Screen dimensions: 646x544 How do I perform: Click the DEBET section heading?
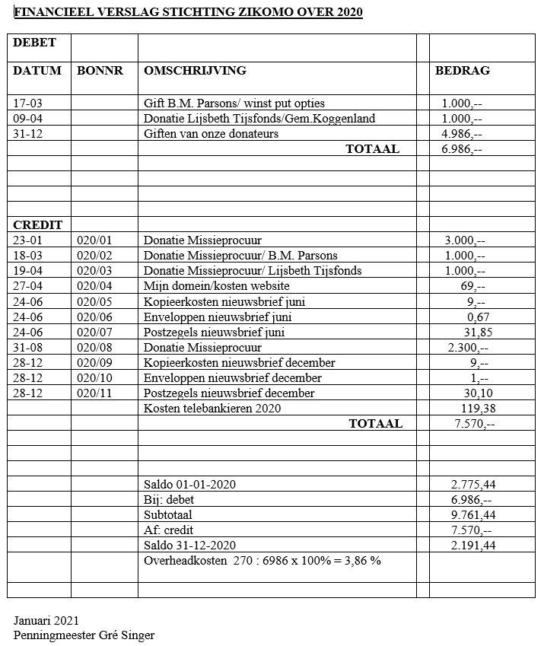[34, 43]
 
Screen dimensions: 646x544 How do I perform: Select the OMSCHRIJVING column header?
[195, 71]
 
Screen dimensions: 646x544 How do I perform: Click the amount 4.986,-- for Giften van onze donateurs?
[462, 134]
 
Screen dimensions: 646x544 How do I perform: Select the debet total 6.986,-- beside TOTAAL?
[462, 149]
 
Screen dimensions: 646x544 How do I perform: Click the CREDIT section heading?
[37, 225]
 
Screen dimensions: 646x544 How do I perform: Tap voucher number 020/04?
[94, 286]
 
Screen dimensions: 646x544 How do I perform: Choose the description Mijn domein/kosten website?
[216, 286]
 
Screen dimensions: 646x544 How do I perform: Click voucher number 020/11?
[94, 393]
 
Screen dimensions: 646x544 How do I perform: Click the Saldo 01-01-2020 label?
[189, 485]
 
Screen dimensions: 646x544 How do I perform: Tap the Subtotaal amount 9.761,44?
[473, 515]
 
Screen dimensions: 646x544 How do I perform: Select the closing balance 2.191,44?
[473, 546]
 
